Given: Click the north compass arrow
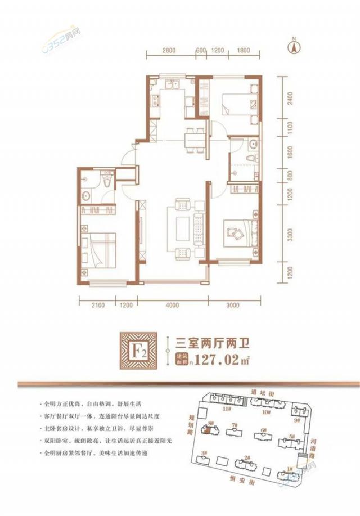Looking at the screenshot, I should click(292, 46).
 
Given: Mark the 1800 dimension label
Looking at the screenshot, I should click(243, 50).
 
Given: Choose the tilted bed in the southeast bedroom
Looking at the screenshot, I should click(236, 231).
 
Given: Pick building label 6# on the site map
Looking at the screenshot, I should click(263, 433).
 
